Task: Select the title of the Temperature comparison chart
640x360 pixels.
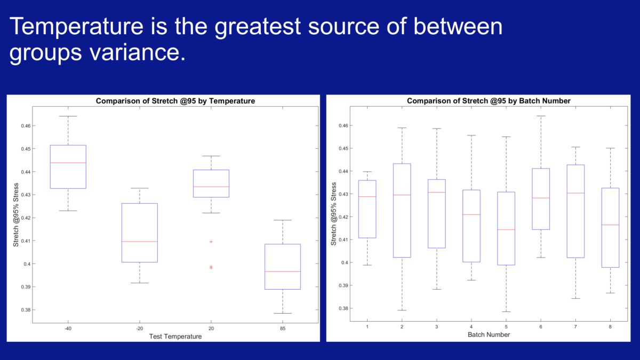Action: [x=175, y=101]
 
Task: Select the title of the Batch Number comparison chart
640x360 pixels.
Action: [x=489, y=101]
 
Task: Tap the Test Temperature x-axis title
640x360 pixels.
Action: [x=175, y=337]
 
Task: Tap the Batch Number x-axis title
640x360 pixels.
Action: [x=489, y=334]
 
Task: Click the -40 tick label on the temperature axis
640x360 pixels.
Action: [x=68, y=329]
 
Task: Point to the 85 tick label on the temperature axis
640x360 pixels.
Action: [x=283, y=329]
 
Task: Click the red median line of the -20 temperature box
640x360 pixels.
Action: [x=139, y=242]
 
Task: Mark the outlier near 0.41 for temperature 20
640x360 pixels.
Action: [x=211, y=242]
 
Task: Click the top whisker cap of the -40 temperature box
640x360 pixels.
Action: [x=68, y=116]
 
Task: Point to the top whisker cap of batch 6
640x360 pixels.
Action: [x=540, y=116]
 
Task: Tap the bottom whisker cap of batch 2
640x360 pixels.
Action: [x=402, y=310]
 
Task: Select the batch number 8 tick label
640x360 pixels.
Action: [x=610, y=326]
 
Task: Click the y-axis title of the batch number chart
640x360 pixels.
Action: [x=333, y=213]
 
